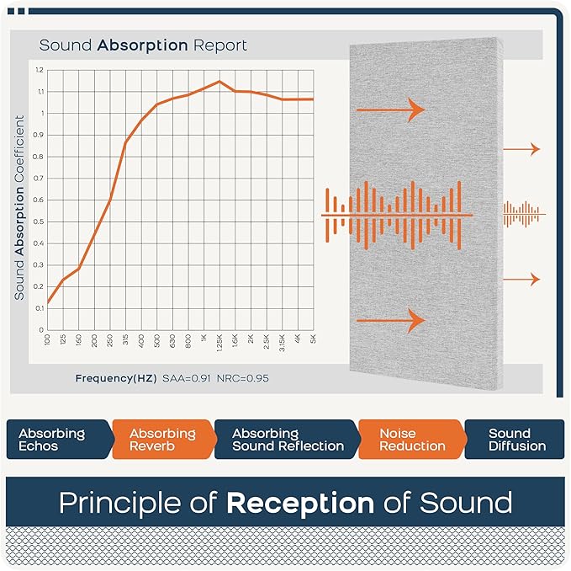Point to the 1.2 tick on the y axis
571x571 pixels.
coord(40,70)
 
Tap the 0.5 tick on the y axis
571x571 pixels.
coord(40,221)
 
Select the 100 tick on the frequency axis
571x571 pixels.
coord(47,339)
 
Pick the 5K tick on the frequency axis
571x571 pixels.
coord(313,339)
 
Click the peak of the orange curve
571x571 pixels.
coord(219,82)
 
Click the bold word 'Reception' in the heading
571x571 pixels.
coord(300,504)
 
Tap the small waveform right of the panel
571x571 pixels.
coord(523,215)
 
